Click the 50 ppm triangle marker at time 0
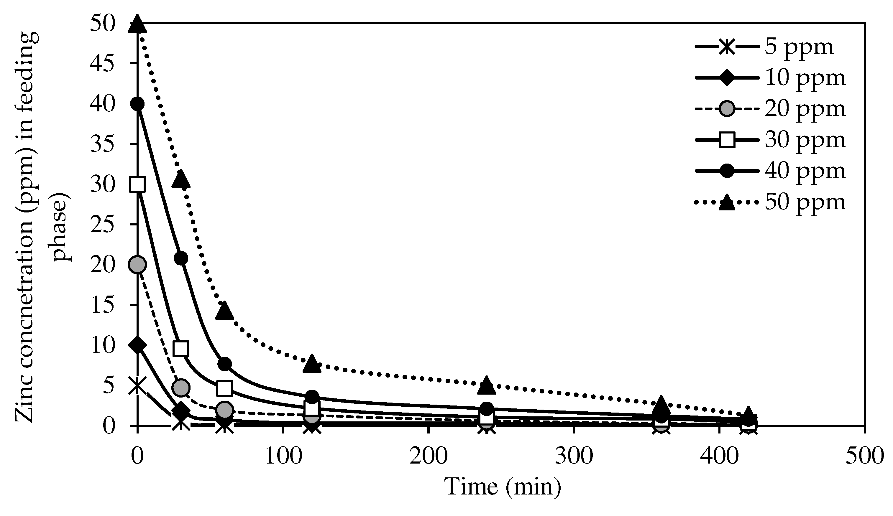pos(137,25)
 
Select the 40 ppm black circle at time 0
pos(137,104)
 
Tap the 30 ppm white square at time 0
pos(137,184)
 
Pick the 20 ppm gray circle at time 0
pos(137,264)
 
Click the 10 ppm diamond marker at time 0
pos(137,345)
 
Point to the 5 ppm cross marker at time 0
pos(137,385)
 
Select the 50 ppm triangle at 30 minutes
pos(181,179)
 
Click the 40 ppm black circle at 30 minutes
pos(181,258)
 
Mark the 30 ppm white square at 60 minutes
pos(225,388)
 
